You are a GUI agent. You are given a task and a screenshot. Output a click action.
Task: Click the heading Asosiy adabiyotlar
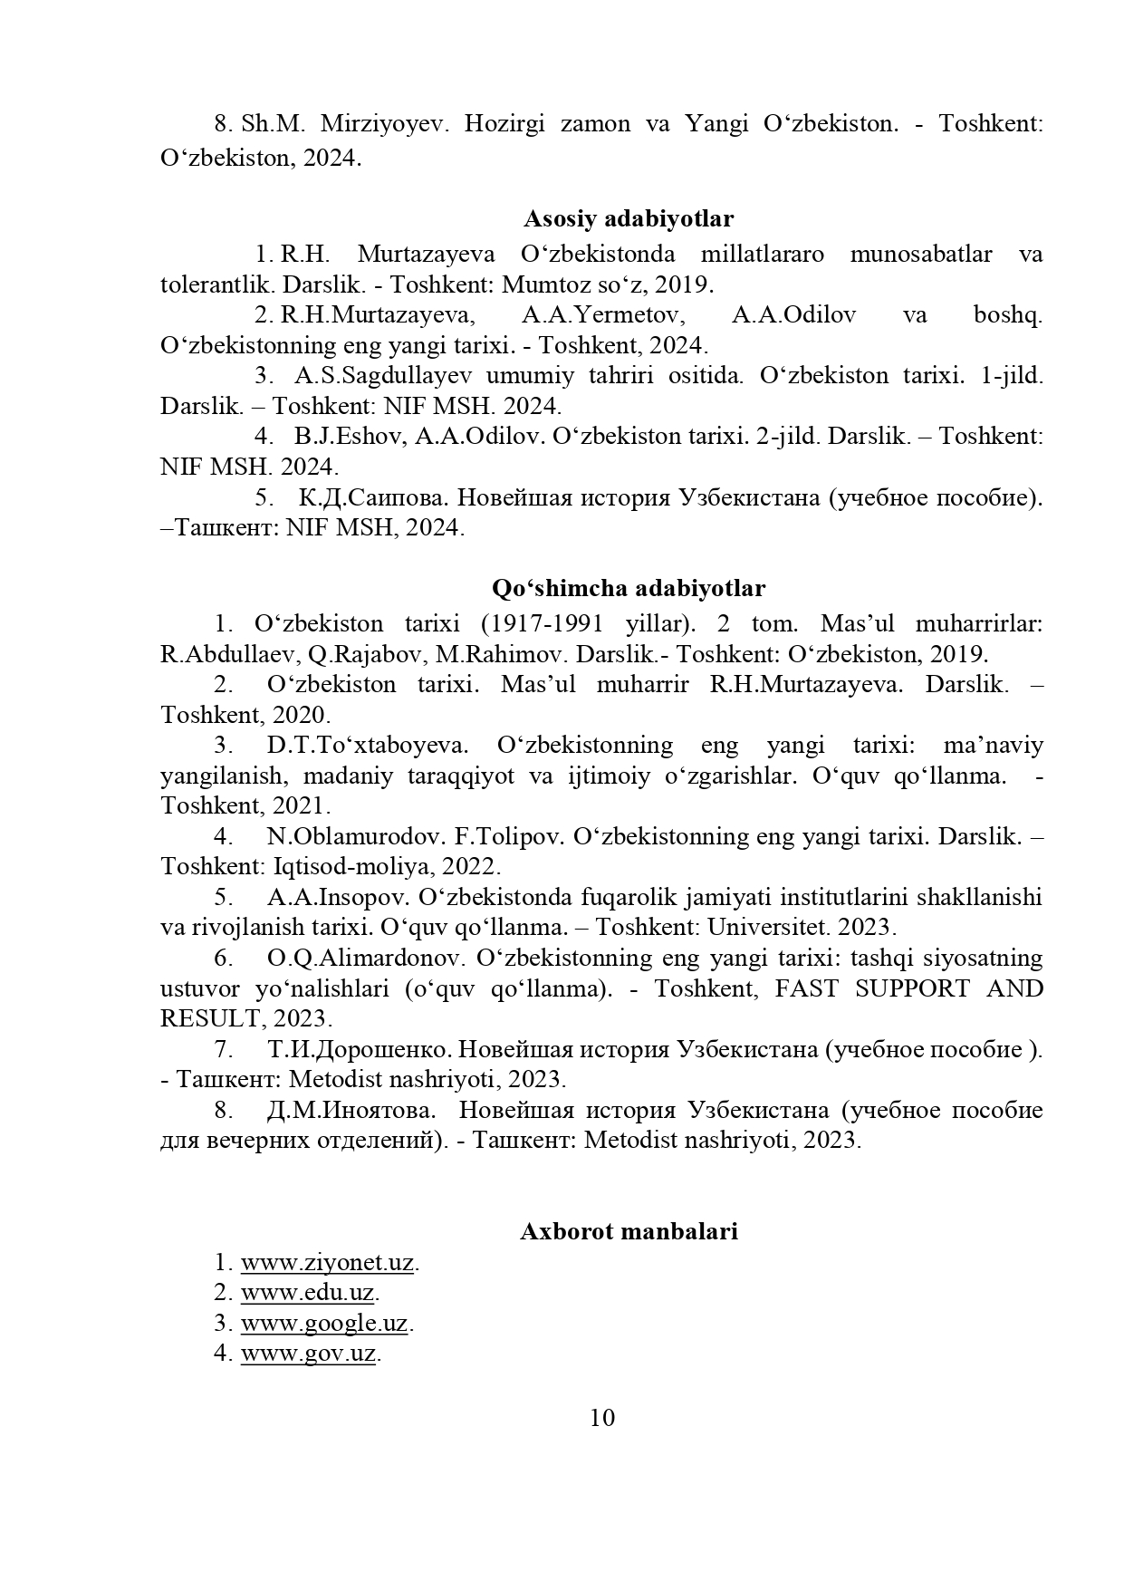[x=629, y=218]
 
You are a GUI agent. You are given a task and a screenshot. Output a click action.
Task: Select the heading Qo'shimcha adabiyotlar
[x=629, y=588]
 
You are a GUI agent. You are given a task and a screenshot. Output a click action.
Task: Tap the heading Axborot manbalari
[x=629, y=1231]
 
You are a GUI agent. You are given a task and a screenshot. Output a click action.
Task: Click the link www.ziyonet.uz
[x=327, y=1262]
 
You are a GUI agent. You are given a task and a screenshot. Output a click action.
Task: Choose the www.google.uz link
[x=324, y=1323]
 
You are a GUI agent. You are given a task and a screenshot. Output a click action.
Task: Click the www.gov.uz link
[x=308, y=1354]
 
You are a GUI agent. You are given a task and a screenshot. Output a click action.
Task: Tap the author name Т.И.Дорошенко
[x=359, y=1049]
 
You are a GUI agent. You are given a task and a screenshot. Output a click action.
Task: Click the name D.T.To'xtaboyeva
[x=368, y=746]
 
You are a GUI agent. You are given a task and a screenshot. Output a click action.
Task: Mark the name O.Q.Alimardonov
[x=366, y=958]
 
